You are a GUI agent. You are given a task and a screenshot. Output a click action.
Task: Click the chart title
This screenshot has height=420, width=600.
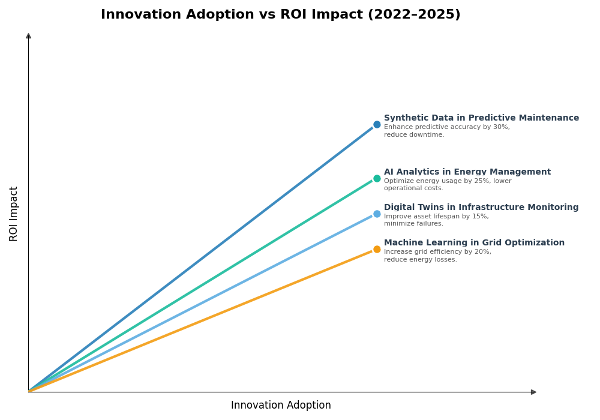point(280,15)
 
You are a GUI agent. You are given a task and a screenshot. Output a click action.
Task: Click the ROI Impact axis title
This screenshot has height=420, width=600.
point(14,214)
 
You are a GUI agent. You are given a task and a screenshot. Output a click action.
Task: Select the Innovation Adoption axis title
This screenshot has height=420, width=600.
point(281,406)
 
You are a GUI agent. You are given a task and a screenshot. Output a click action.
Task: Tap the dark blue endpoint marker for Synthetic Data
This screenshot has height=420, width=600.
point(377,125)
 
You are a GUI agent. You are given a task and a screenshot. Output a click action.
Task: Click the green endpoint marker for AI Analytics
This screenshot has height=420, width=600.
point(377,178)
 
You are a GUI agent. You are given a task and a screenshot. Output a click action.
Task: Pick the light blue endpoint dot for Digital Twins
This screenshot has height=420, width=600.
point(377,214)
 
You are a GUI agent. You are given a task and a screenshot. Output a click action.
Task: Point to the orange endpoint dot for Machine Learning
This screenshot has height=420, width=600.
point(377,249)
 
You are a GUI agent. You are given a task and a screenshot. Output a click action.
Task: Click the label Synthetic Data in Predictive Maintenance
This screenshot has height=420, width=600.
point(481,118)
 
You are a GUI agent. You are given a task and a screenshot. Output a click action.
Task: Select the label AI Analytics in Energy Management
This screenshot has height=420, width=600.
point(467,172)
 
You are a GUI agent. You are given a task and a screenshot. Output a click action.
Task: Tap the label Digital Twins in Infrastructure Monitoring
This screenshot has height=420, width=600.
point(481,208)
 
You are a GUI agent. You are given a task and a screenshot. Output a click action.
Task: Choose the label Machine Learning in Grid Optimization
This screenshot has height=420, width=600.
point(474,243)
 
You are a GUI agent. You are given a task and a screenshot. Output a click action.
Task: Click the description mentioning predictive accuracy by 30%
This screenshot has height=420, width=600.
point(446,131)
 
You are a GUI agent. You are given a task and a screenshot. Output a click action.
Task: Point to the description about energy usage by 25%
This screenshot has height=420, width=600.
point(448,185)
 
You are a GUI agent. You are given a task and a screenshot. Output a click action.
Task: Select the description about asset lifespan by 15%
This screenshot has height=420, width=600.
point(436,220)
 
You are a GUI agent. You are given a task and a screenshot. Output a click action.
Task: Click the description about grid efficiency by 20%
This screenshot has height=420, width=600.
point(437,256)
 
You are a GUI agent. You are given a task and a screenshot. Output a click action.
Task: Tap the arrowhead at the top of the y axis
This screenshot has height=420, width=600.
point(28,36)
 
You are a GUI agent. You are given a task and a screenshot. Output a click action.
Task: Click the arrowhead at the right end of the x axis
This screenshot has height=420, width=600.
point(533,392)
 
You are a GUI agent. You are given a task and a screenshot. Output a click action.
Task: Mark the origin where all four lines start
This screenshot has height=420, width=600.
point(29,391)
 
